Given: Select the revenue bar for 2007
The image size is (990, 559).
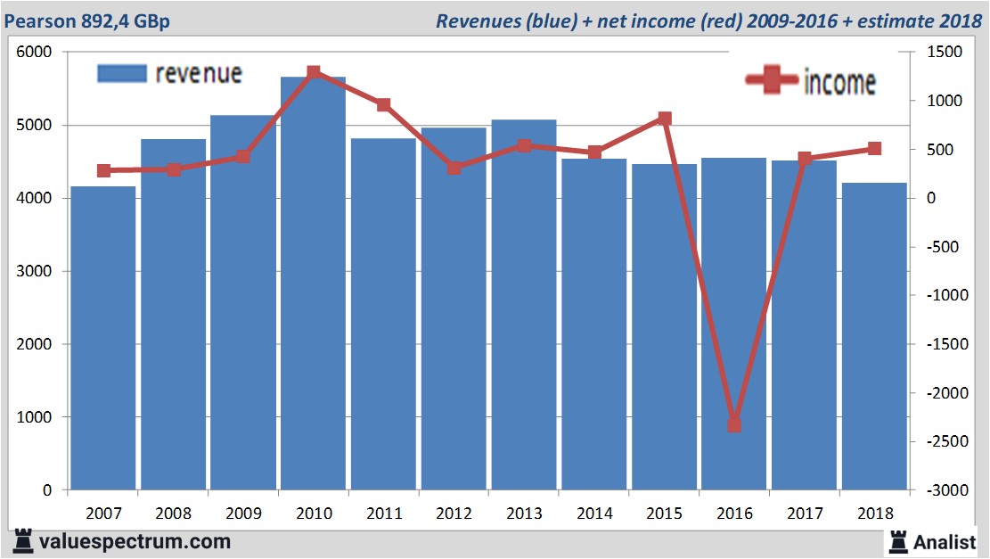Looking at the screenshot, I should click(x=103, y=338).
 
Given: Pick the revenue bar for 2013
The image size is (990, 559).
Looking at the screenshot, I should click(x=523, y=304).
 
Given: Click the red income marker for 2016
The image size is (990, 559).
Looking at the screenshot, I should click(x=734, y=425).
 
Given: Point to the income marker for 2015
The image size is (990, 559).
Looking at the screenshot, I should click(x=664, y=119).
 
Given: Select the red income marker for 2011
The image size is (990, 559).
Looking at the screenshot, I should click(x=383, y=105).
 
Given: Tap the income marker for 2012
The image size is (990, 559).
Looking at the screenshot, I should click(x=454, y=168).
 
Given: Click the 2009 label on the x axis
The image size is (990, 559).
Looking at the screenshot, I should click(x=243, y=514).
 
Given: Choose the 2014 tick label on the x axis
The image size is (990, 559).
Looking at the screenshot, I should click(x=593, y=514).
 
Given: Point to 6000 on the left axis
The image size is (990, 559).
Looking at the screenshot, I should click(x=36, y=53).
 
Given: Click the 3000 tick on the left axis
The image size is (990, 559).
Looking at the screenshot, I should click(x=36, y=272).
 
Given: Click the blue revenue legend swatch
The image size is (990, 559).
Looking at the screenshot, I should click(x=121, y=73).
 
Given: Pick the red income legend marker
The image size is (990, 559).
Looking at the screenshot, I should click(x=772, y=80).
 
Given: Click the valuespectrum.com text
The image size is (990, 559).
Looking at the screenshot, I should click(x=135, y=541).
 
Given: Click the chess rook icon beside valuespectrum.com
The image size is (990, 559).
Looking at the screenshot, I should click(x=21, y=541).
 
